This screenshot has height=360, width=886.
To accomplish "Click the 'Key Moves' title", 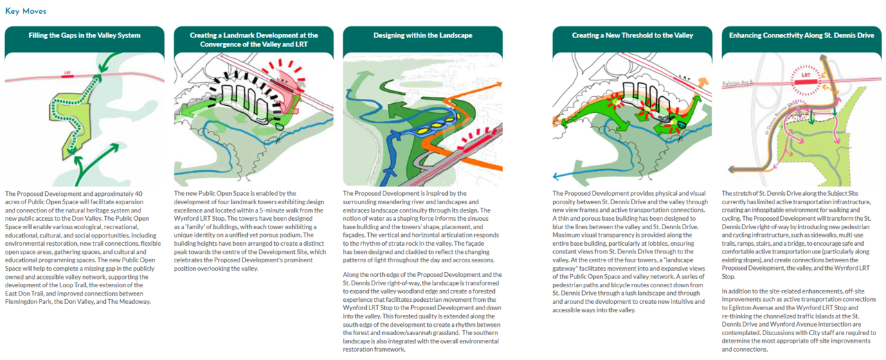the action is [26, 11].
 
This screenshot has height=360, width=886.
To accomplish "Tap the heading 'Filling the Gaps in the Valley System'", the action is [84, 35].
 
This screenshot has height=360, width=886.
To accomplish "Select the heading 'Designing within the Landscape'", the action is [423, 35].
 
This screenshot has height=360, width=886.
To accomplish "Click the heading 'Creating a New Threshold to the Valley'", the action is [633, 35].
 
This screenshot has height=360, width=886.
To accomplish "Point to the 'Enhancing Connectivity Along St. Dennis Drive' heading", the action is [802, 35].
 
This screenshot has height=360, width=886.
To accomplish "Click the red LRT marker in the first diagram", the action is [68, 75].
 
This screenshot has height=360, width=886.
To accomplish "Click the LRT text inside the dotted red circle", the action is [806, 75].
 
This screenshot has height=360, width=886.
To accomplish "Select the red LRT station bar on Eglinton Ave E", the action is [806, 82].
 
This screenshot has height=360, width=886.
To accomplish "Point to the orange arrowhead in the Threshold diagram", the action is [703, 82].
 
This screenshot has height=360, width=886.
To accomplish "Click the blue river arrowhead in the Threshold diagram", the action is [556, 177].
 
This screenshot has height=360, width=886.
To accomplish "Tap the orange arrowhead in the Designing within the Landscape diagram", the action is [499, 84].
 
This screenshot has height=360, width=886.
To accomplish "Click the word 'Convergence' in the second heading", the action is [220, 44].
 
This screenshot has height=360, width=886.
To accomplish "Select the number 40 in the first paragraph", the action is [138, 194].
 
